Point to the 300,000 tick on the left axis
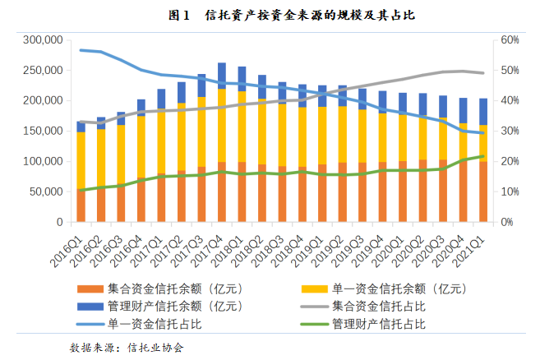(43, 39)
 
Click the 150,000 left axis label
(43, 131)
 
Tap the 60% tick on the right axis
(509, 39)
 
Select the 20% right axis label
(509, 161)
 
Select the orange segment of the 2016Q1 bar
(81, 205)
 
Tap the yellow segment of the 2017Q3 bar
(201, 132)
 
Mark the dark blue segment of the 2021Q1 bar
(482, 112)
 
